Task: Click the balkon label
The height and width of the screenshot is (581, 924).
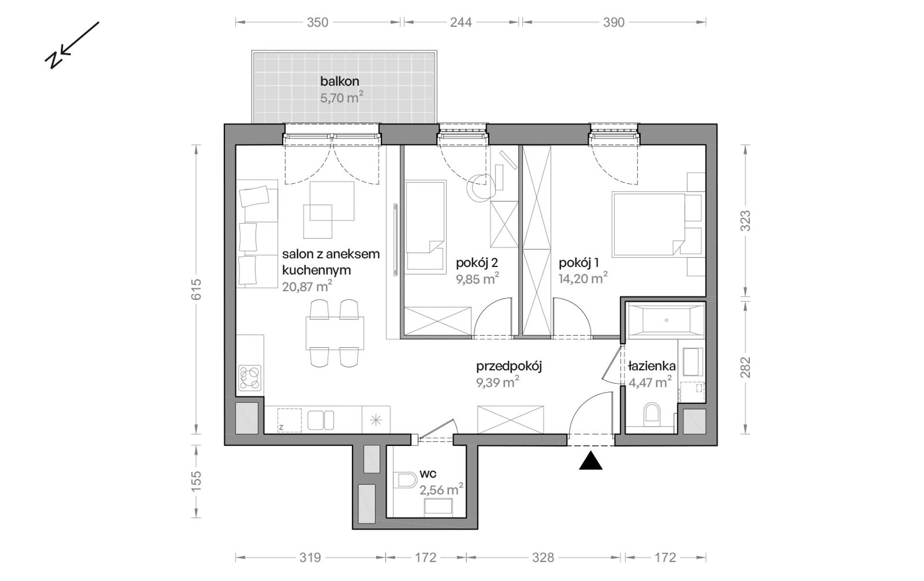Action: tap(339, 81)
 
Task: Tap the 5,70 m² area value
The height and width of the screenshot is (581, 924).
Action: tap(341, 98)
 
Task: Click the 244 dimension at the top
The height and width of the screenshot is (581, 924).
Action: tap(461, 22)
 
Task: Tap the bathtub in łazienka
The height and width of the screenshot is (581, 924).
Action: tap(665, 320)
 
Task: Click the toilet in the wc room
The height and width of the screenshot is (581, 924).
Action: tap(407, 480)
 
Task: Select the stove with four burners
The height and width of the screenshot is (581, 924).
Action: tap(250, 378)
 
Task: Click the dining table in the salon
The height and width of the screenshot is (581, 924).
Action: tap(335, 333)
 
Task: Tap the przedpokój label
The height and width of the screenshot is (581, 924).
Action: tap(509, 366)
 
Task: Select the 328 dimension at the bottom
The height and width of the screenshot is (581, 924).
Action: tap(543, 557)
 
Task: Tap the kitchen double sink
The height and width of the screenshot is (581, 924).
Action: tap(320, 420)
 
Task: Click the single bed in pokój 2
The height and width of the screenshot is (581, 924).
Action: tap(425, 226)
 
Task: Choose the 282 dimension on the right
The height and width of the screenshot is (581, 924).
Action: tap(746, 368)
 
